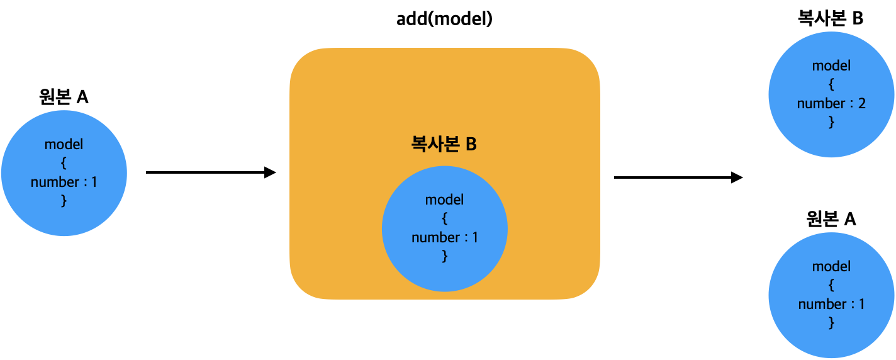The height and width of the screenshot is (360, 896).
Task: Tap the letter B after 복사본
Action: (x=471, y=144)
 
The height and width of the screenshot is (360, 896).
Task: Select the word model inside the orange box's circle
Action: (x=444, y=200)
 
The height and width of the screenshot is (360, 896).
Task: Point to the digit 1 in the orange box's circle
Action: (x=475, y=237)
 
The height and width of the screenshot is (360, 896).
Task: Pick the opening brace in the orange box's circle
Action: (x=444, y=218)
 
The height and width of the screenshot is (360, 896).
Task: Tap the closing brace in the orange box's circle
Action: (x=444, y=256)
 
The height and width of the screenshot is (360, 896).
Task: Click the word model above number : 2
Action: (x=831, y=65)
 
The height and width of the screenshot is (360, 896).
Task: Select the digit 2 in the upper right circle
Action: (x=861, y=103)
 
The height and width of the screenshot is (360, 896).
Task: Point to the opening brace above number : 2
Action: (x=831, y=84)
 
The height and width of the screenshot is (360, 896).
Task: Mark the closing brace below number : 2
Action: (x=831, y=122)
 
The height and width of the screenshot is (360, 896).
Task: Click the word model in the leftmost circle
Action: (x=64, y=144)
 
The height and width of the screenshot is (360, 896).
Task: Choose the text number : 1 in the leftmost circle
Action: (x=64, y=182)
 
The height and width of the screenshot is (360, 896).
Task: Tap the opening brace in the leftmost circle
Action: (x=64, y=163)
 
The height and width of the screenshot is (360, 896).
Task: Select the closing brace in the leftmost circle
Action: (x=64, y=201)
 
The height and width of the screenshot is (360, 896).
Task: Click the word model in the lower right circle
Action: (x=831, y=266)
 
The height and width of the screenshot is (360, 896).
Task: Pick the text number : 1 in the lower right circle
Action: (x=831, y=304)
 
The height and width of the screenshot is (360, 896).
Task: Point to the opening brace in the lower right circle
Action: (x=831, y=285)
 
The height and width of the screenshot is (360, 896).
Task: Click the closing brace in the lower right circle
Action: (x=831, y=323)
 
